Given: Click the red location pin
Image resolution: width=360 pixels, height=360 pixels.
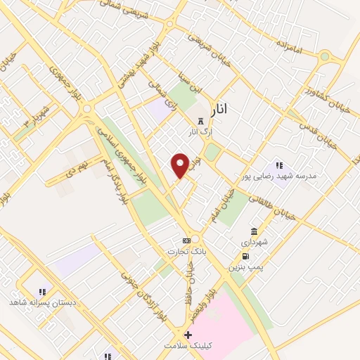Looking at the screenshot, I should click(181, 165).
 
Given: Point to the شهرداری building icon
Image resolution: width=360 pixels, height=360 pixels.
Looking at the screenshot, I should click(253, 231).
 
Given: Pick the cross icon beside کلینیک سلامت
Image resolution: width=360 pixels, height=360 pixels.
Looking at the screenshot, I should click(187, 335).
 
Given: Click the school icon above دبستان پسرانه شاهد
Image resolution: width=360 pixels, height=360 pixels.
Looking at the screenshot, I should click(41, 291).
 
